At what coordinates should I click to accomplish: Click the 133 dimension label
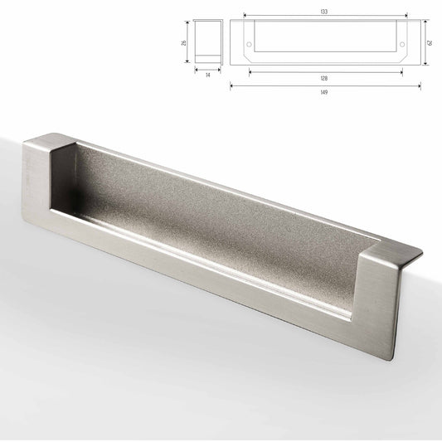click(x=323, y=11)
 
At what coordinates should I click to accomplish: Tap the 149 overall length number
click(x=323, y=91)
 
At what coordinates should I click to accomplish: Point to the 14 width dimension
click(x=209, y=75)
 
